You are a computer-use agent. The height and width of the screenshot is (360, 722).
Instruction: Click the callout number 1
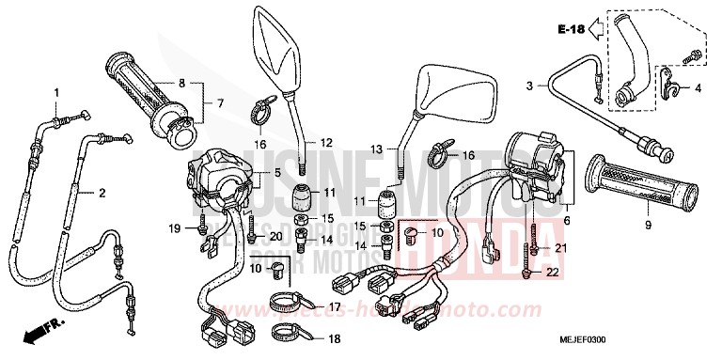coord(56,92)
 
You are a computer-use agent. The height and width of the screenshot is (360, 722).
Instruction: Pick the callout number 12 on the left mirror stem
coord(326,143)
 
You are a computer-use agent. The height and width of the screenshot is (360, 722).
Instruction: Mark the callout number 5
coord(276,175)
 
